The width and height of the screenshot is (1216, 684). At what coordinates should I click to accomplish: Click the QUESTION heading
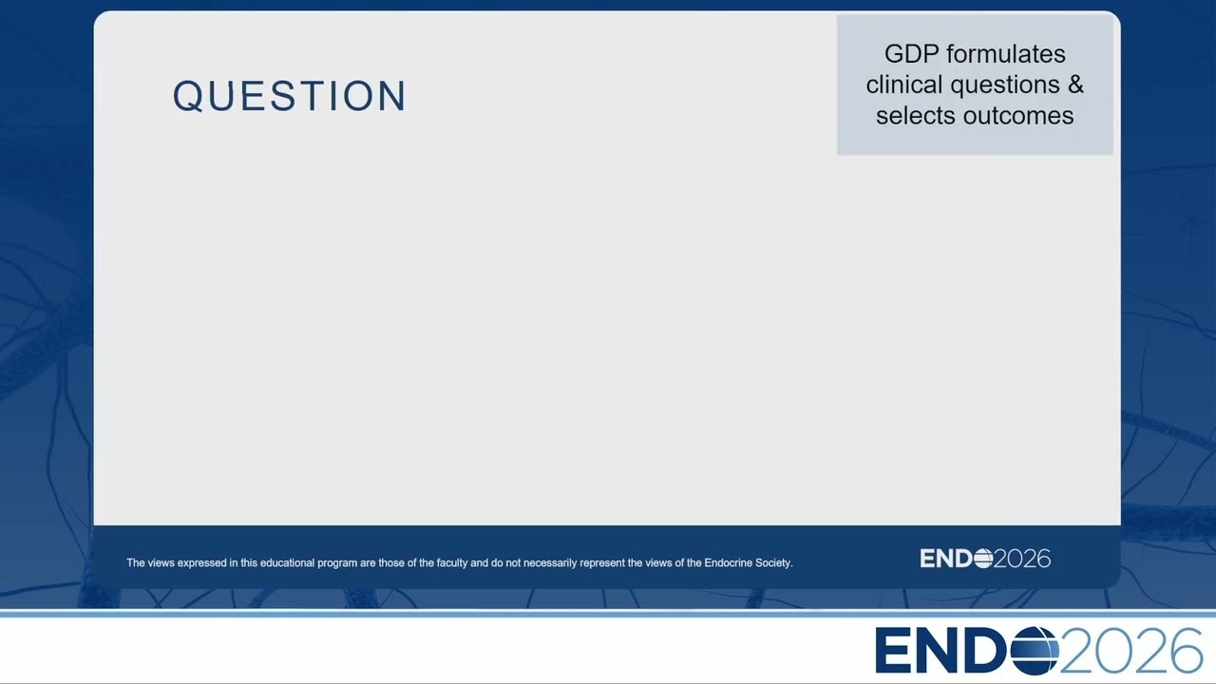click(290, 96)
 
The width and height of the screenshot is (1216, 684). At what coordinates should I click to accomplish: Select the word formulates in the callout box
click(1006, 54)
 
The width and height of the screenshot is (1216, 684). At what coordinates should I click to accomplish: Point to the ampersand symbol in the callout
click(1076, 85)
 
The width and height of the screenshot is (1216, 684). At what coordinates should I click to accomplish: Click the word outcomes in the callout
click(1018, 116)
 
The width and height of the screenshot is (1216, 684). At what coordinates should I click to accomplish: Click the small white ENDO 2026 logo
click(985, 559)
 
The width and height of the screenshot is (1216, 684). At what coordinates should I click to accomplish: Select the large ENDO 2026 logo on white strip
click(1038, 651)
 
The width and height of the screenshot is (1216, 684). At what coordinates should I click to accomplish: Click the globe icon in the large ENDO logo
click(1035, 651)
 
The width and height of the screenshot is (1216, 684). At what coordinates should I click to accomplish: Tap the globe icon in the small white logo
click(983, 559)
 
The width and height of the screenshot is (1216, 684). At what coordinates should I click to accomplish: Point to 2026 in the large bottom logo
click(1131, 651)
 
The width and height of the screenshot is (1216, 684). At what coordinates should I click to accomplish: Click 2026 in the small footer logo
click(1023, 559)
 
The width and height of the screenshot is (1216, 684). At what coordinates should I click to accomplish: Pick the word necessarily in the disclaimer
click(550, 563)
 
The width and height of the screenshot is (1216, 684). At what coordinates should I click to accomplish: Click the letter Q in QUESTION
click(188, 97)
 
